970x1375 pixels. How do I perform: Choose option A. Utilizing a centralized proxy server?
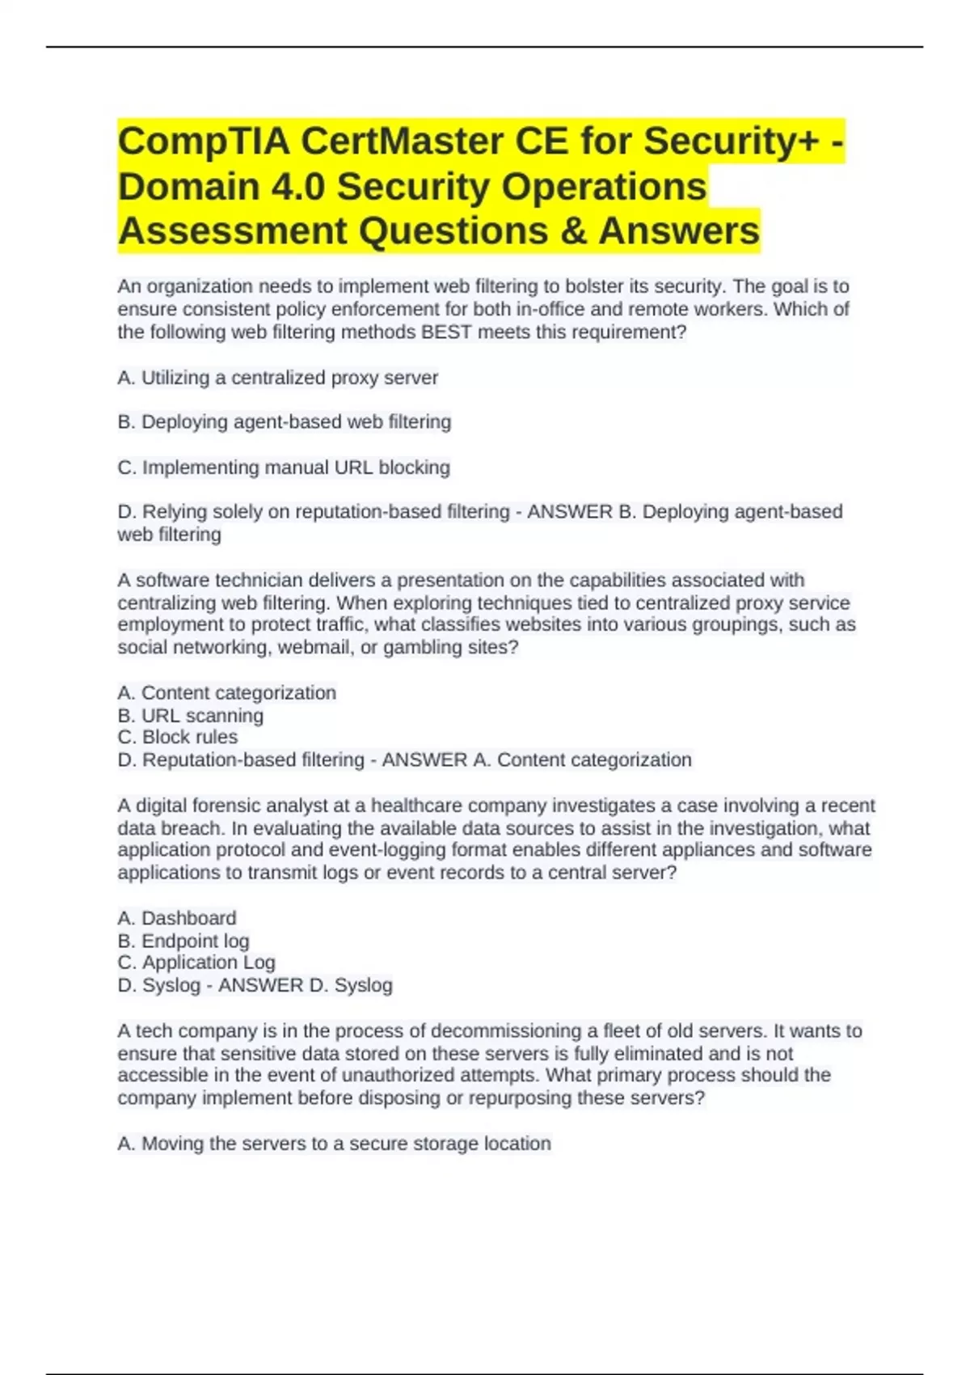point(277,378)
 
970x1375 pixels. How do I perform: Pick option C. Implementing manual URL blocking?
point(284,467)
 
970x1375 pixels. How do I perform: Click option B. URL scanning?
point(190,716)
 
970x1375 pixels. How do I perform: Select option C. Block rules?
point(177,737)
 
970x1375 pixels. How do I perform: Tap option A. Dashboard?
point(176,918)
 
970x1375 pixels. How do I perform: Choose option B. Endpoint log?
point(183,941)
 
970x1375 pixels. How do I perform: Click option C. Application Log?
point(196,962)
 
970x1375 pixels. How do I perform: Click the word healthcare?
point(416,806)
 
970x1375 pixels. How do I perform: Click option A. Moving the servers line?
point(334,1144)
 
